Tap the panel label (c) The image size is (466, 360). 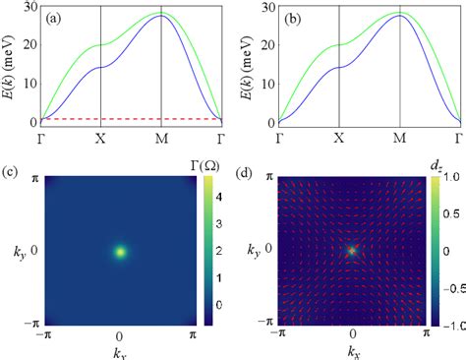9,174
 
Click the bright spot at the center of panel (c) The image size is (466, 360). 120,252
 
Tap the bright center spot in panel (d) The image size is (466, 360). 351,251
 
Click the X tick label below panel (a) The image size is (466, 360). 101,140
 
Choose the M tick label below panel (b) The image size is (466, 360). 399,140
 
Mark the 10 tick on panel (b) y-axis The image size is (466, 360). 263,85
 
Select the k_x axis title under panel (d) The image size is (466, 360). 352,351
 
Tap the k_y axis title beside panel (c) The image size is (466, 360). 13,252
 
